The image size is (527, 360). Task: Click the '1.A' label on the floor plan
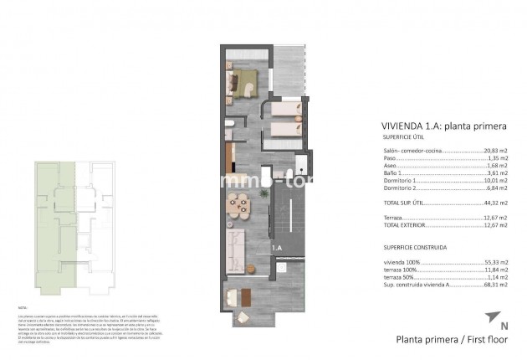(x=276, y=248)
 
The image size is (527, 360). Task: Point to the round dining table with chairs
(x=238, y=203)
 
